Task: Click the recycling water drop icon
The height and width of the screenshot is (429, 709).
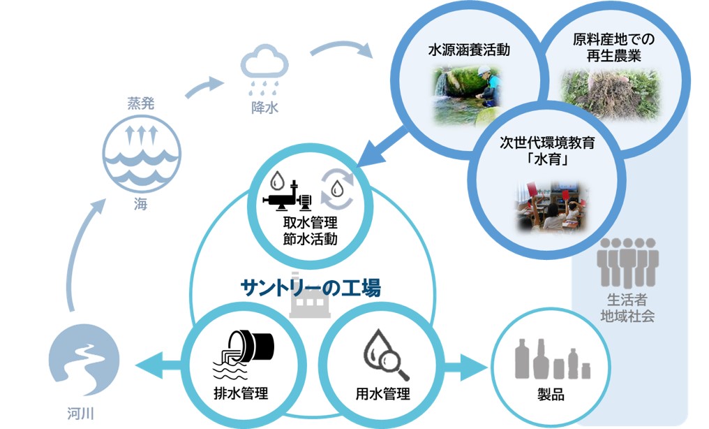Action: pos(338,187)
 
